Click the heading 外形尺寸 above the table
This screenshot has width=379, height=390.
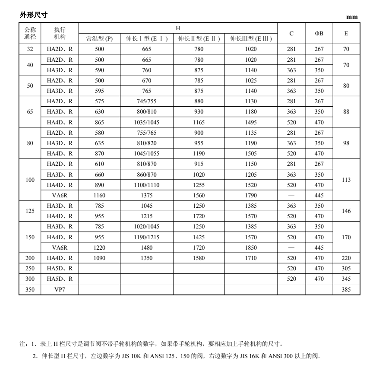coord(34,15)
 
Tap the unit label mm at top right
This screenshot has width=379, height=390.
coord(352,17)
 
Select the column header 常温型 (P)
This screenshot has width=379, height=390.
coord(99,39)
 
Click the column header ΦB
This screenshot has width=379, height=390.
coord(319,33)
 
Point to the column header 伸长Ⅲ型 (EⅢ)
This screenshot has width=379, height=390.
coord(250,39)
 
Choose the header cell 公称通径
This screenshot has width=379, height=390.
coord(30,33)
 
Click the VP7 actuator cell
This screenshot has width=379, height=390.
coord(60,289)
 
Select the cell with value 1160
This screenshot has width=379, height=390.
coord(99,195)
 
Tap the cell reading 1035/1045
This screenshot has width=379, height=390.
coord(147,122)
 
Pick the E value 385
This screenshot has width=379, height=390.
coord(346,289)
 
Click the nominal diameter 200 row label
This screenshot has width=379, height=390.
coord(30,258)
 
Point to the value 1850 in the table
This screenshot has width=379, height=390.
coord(250,247)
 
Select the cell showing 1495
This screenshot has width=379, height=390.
coord(250,122)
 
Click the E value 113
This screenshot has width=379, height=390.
coord(346,180)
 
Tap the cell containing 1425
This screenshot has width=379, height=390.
coord(199,237)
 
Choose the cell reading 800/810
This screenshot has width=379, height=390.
coord(147,112)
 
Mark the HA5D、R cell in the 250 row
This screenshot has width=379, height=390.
coord(60,269)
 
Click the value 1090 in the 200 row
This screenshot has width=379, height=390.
coord(99,258)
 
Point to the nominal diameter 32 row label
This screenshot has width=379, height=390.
coord(30,49)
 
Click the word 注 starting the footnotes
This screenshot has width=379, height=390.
coord(22,344)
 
